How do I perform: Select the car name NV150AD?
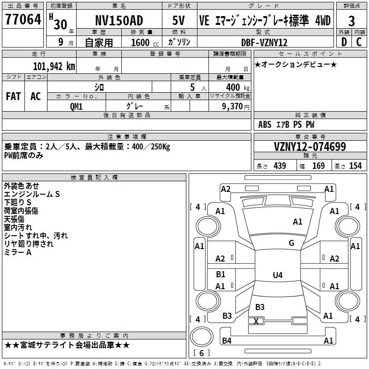tap(119, 20)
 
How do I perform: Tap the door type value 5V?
tap(179, 20)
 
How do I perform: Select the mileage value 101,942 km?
tap(54, 66)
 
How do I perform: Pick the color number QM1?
tap(76, 106)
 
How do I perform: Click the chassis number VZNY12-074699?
tap(309, 147)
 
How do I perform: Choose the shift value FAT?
tap(13, 96)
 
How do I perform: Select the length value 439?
tap(280, 166)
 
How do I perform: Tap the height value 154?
tap(355, 166)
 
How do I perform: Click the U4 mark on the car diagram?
tap(277, 275)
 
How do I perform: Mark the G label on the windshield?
tap(291, 243)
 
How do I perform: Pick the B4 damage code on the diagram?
tap(226, 341)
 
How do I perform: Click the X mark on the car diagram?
tap(256, 321)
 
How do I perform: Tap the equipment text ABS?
tap(265, 125)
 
